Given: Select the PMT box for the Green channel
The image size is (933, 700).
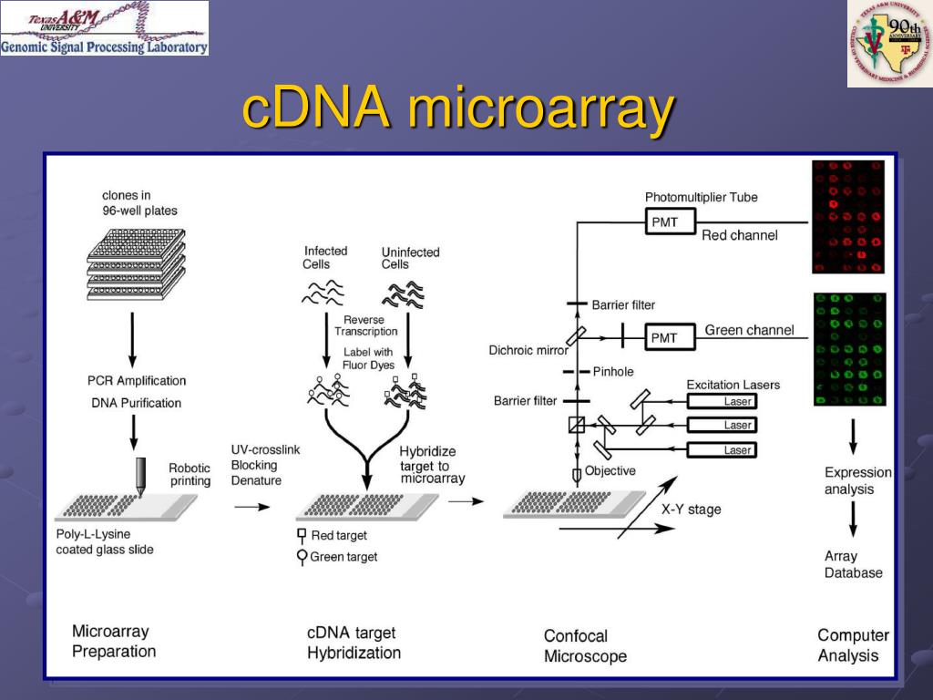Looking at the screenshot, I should tap(664, 337).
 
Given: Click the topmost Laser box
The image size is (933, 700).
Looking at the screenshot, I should tap(721, 401).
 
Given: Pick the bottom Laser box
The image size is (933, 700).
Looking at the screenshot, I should tap(721, 449).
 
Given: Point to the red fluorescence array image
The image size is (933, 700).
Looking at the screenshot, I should tap(848, 217).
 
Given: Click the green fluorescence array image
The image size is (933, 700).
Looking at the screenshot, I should tap(848, 349).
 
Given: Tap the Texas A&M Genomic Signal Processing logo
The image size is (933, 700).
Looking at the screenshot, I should tap(104, 28).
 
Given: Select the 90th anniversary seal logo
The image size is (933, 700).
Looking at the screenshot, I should tap(889, 44).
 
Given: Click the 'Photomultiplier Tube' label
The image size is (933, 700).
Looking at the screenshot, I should tap(701, 197).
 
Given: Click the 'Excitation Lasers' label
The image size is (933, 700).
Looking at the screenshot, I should tap(733, 385).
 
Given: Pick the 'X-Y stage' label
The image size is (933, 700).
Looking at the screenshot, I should tap(691, 510).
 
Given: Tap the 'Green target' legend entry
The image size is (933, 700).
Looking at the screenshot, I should tap(336, 556).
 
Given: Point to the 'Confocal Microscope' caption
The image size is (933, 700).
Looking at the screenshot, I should tap(585, 645).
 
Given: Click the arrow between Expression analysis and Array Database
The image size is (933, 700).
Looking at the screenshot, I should tap(853, 521).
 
